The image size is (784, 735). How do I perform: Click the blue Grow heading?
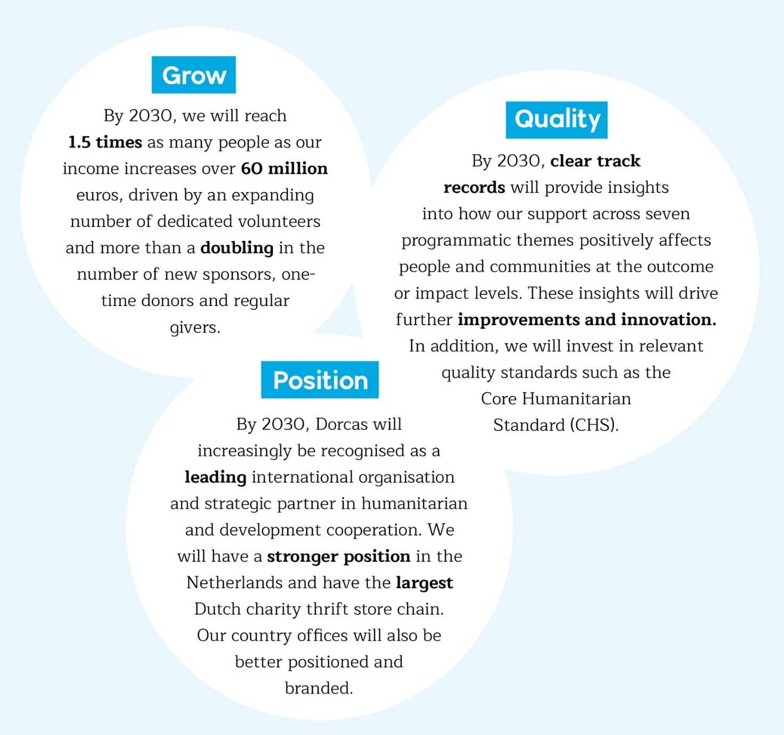(193, 75)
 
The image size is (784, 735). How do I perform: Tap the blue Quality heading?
(556, 119)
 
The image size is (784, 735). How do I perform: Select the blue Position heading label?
(320, 380)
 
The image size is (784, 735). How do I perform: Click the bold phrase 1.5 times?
(105, 142)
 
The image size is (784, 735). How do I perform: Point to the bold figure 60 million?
(284, 168)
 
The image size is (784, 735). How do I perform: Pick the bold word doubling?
(237, 248)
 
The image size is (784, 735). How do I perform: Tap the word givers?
(195, 327)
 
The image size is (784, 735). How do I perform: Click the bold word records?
(474, 188)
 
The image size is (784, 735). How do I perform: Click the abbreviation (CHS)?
(594, 425)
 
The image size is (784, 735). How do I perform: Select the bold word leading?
(215, 477)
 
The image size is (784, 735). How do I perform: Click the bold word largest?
(424, 583)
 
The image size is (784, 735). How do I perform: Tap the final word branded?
(319, 688)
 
